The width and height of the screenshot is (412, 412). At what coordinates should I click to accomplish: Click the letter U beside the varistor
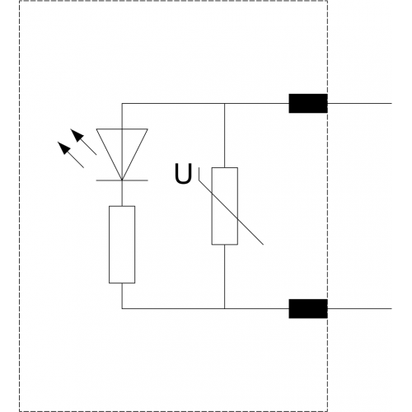[183, 174]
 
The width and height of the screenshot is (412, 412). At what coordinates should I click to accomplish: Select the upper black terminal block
[308, 103]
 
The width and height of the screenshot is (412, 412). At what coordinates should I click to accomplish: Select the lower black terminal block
[308, 309]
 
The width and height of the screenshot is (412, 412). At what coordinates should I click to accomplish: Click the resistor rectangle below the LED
[122, 245]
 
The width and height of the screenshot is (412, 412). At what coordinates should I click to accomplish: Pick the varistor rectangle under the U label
[225, 206]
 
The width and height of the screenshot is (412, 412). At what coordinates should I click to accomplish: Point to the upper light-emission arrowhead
[77, 135]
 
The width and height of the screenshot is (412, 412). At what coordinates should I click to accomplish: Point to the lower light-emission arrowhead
[64, 148]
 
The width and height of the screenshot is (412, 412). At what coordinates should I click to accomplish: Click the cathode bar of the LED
[122, 180]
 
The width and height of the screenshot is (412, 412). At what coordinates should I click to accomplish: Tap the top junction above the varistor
[225, 104]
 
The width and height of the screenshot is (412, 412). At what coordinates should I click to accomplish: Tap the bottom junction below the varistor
[225, 309]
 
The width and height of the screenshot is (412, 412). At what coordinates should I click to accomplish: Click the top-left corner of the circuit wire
[122, 104]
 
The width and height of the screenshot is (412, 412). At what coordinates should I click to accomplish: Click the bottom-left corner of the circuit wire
[122, 309]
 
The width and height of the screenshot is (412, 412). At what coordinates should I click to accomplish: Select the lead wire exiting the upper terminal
[359, 104]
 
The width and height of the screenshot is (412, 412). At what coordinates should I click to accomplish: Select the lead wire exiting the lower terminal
[359, 309]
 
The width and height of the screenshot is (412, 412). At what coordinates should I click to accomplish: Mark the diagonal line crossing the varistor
[231, 213]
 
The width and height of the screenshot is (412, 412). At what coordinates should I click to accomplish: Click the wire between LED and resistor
[122, 193]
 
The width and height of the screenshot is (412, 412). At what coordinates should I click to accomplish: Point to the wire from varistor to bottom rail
[225, 277]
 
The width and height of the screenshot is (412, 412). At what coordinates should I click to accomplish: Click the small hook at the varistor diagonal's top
[199, 174]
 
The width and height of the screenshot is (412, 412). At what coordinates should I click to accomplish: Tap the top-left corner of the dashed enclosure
[20, 1]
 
